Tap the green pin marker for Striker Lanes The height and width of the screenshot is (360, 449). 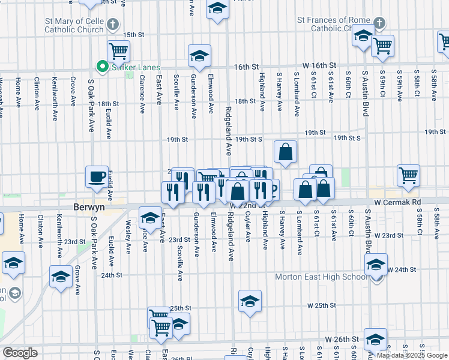tap(102, 67)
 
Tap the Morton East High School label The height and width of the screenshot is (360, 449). tap(321, 277)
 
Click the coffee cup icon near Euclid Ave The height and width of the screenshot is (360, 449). tap(97, 176)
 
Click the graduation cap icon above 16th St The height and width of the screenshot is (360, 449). tap(199, 56)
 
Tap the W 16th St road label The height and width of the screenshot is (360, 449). tap(322, 64)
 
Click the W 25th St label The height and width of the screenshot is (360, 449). tap(322, 305)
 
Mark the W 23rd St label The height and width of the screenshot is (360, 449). tap(390, 235)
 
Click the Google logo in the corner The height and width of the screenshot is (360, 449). tap(20, 353)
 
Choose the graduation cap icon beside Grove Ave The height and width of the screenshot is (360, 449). tap(61, 277)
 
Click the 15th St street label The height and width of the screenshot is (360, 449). tap(134, 35)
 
